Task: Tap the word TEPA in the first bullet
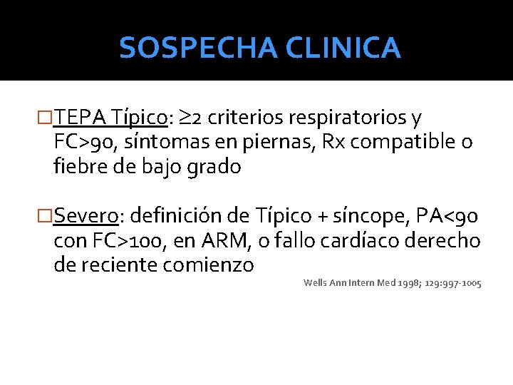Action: point(81,117)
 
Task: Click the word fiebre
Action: point(78,167)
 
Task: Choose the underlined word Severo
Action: point(85,215)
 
